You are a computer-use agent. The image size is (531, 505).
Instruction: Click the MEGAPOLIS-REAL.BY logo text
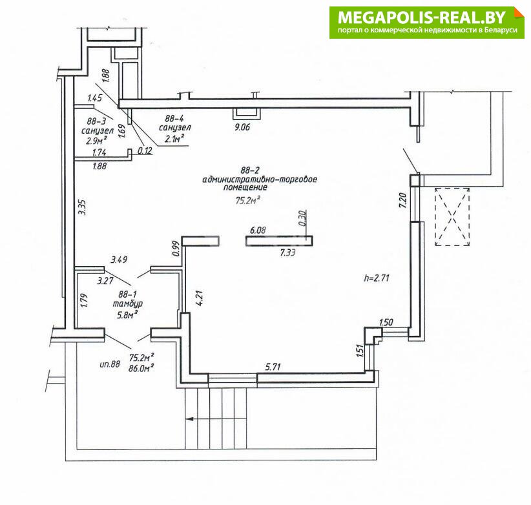[x=422, y=17]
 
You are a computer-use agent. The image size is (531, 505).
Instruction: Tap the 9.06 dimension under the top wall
[x=242, y=127]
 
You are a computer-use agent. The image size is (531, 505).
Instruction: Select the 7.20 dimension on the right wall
[x=402, y=201]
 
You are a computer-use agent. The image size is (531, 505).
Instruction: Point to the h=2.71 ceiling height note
[x=377, y=278]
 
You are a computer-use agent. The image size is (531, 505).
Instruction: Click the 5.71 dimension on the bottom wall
[x=273, y=367]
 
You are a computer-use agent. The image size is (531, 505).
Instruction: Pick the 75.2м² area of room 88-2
[x=247, y=200]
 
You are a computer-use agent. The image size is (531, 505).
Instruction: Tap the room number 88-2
[x=249, y=170]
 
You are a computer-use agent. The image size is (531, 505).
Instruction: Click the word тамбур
[x=128, y=304]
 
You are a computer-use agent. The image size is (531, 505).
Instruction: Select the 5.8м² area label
[x=127, y=314]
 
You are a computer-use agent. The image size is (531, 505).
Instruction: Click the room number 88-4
[x=174, y=118]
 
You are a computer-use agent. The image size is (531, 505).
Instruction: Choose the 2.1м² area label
[x=174, y=138]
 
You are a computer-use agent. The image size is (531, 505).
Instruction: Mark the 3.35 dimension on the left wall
[x=82, y=207]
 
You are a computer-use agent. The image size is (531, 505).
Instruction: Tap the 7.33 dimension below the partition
[x=287, y=252]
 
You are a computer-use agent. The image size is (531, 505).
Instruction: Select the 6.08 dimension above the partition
[x=258, y=231]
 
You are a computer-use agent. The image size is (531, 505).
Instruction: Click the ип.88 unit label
[x=110, y=364]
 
